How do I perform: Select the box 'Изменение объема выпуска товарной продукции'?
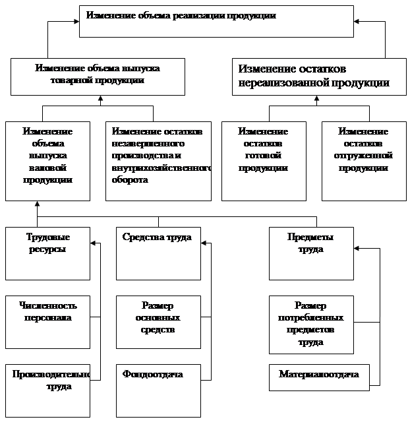(98, 77)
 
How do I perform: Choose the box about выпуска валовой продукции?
(47, 160)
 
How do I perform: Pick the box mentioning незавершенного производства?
(159, 160)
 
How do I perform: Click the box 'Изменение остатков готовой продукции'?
(264, 160)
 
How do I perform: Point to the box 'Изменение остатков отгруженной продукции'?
(364, 160)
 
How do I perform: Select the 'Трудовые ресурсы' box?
(47, 253)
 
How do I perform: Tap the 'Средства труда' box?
(158, 253)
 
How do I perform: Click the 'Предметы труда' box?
(311, 253)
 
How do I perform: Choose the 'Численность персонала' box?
(47, 322)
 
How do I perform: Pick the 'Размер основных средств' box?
(158, 322)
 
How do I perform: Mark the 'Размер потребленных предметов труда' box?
(311, 325)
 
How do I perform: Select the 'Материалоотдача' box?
(319, 377)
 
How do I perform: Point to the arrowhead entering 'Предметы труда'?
(357, 249)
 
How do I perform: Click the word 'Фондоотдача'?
(152, 375)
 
